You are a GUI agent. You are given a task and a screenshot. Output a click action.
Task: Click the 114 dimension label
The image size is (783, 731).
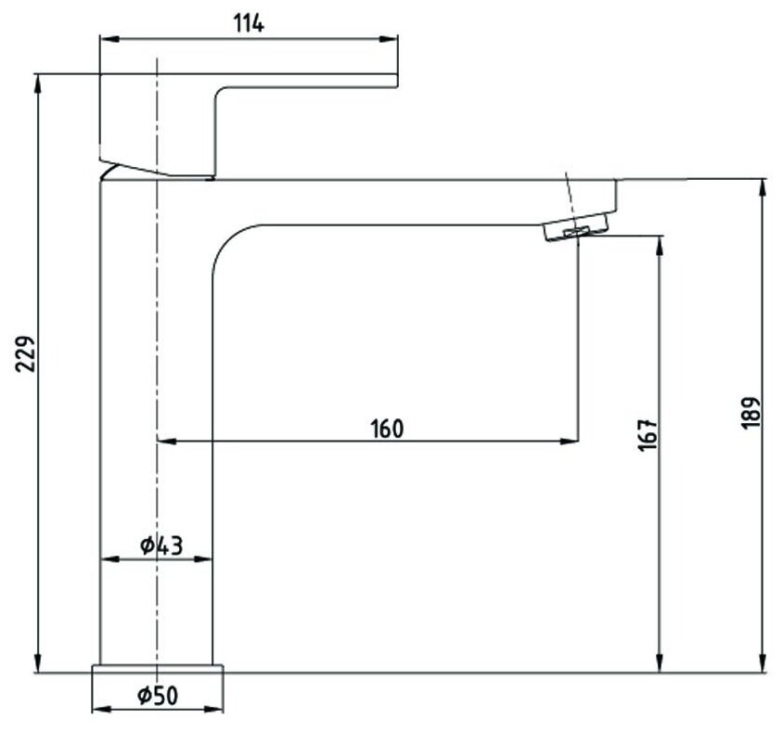248,24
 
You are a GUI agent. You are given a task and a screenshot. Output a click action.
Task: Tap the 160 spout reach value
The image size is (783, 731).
387,429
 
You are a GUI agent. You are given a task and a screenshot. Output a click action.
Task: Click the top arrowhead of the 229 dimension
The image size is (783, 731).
38,81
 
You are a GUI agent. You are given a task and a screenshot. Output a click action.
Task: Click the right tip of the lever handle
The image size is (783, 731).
396,80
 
